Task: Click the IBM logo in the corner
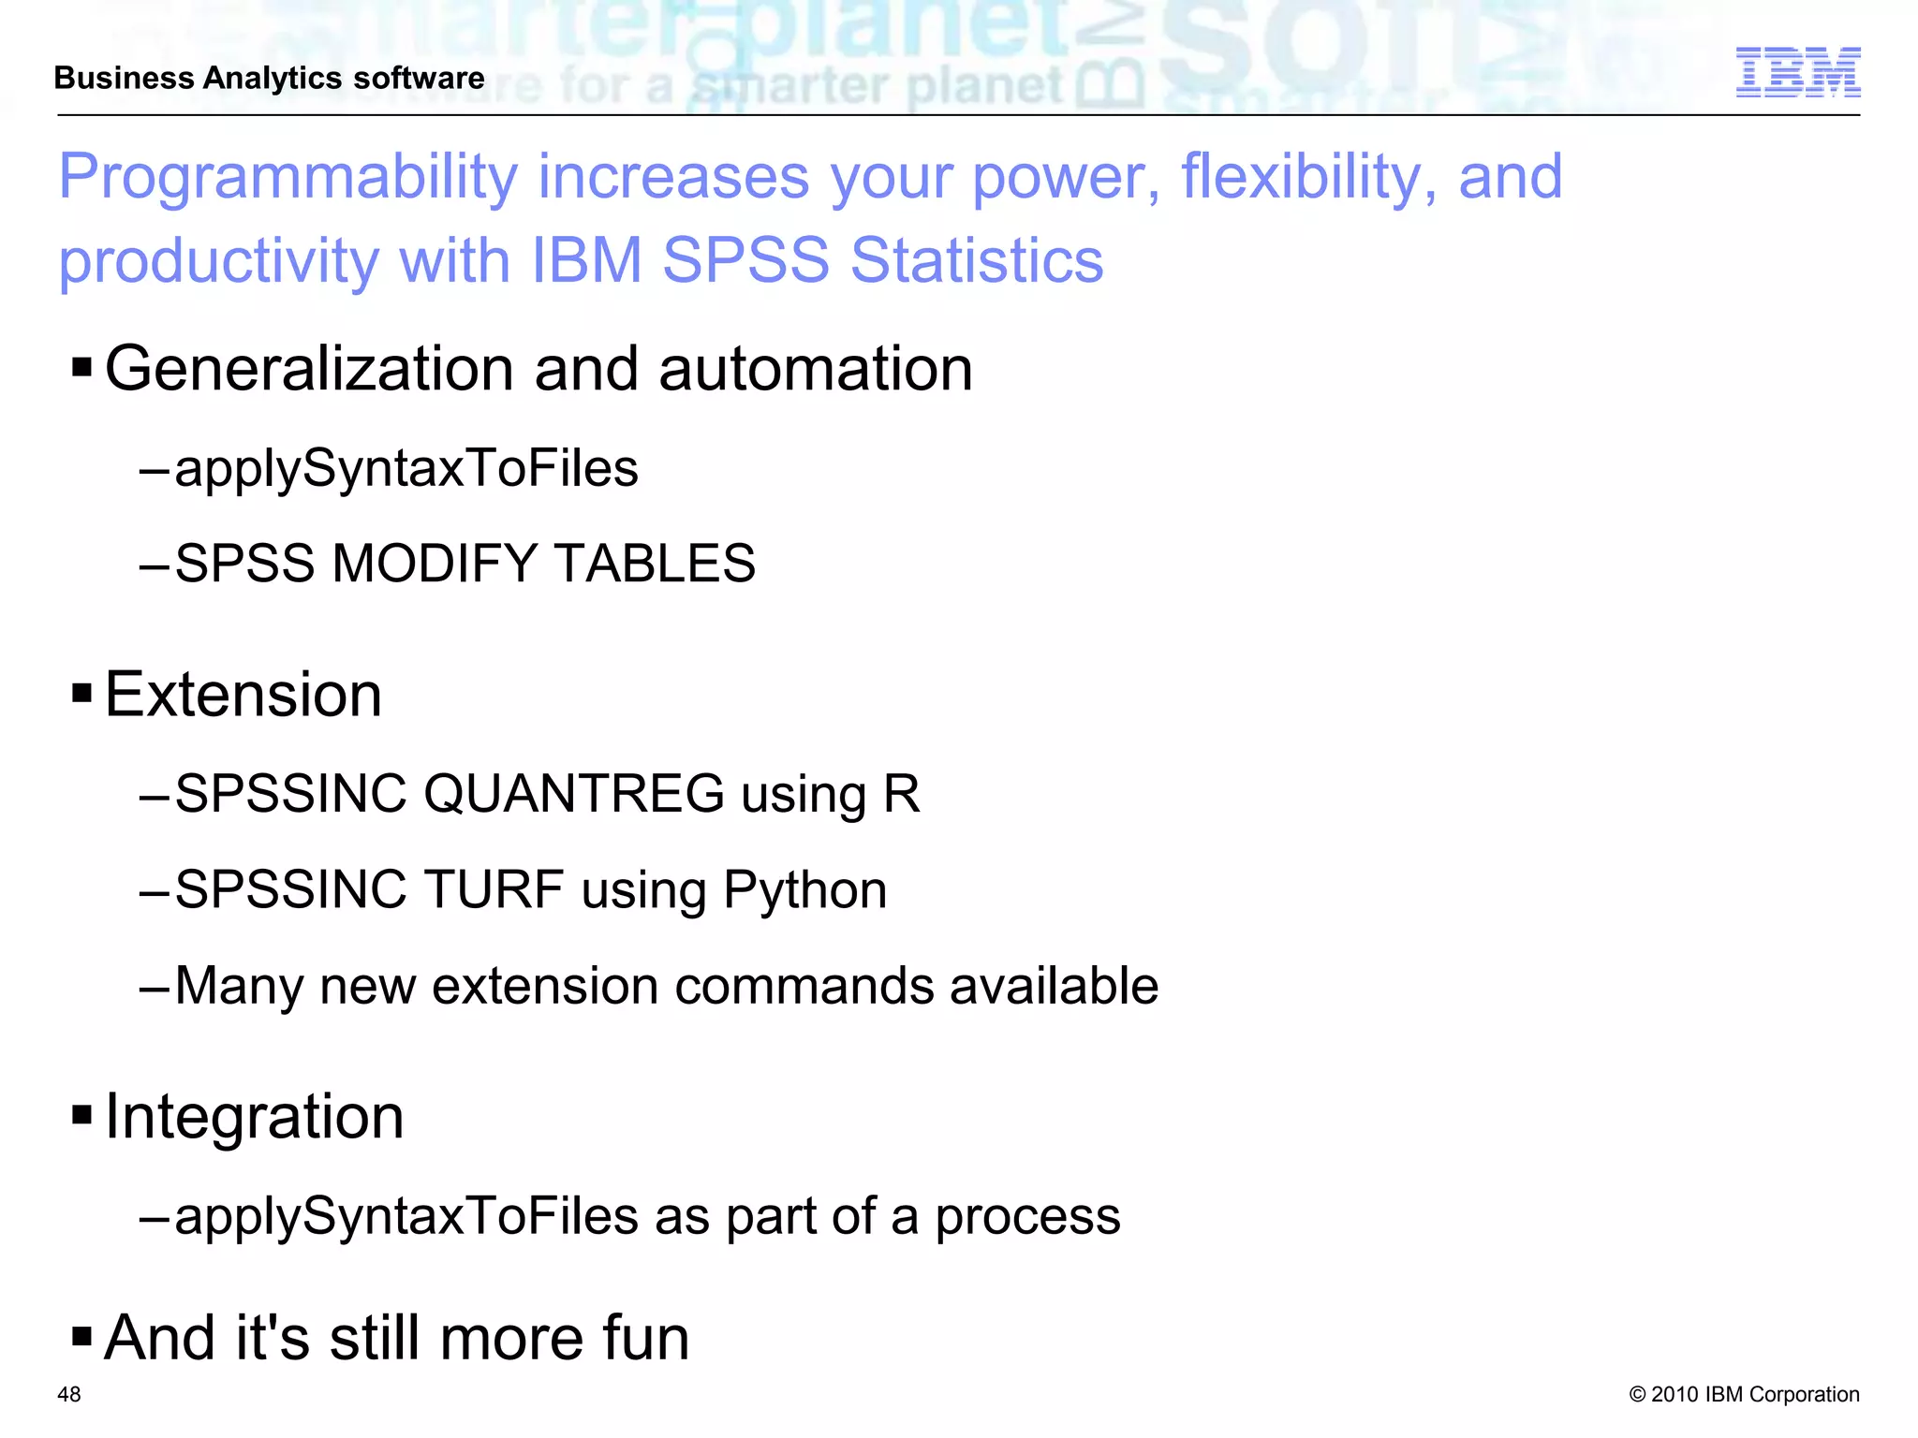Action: pos(1797,72)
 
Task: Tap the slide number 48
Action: pos(69,1394)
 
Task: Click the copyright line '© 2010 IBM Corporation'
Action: pos(1744,1394)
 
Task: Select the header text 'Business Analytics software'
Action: pos(270,78)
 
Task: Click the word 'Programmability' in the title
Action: pos(288,178)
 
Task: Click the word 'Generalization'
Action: pos(308,369)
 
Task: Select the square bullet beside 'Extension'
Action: pos(82,694)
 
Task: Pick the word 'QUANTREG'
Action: pos(573,794)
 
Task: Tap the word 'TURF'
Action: pos(494,889)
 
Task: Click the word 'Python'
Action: pos(804,891)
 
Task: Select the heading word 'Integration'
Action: pos(255,1116)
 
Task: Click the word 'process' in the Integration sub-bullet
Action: pos(1027,1217)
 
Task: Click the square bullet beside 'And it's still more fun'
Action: pos(82,1336)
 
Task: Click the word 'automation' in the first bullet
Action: pos(816,369)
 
